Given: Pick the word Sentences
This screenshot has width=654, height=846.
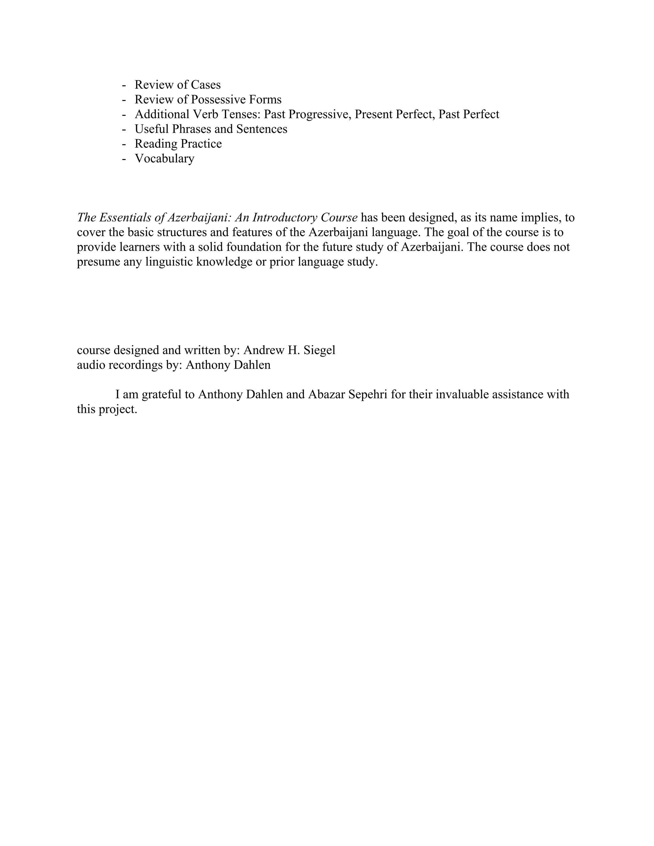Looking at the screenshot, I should click(x=262, y=129).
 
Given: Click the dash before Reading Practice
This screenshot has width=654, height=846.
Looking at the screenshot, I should click(x=124, y=144).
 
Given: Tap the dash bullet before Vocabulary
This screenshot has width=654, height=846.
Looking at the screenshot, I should click(x=124, y=159).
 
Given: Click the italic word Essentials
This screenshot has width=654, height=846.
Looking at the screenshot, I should click(x=125, y=218).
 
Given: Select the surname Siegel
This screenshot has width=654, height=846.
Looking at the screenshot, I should click(x=320, y=350).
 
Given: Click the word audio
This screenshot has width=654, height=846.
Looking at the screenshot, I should click(x=91, y=365).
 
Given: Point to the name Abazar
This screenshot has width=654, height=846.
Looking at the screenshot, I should click(x=327, y=394).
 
